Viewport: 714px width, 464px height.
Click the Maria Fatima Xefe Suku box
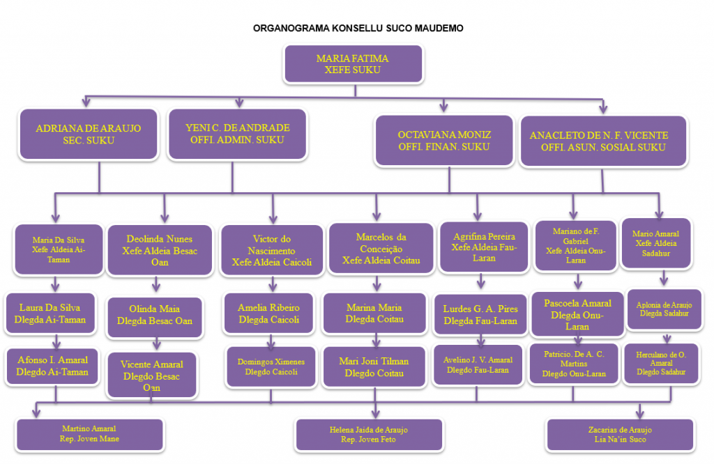(353, 64)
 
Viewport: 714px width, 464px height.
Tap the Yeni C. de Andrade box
(238, 134)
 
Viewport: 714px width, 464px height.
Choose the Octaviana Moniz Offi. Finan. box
(444, 141)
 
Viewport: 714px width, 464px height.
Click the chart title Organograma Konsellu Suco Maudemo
(358, 29)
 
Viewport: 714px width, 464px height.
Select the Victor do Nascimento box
(271, 250)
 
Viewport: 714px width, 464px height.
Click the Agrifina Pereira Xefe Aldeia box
(478, 247)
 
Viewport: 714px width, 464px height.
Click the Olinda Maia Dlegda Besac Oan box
(155, 316)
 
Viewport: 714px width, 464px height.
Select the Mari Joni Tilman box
(374, 366)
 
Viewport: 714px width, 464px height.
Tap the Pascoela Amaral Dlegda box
(577, 314)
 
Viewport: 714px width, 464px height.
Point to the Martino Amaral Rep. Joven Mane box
(89, 433)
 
